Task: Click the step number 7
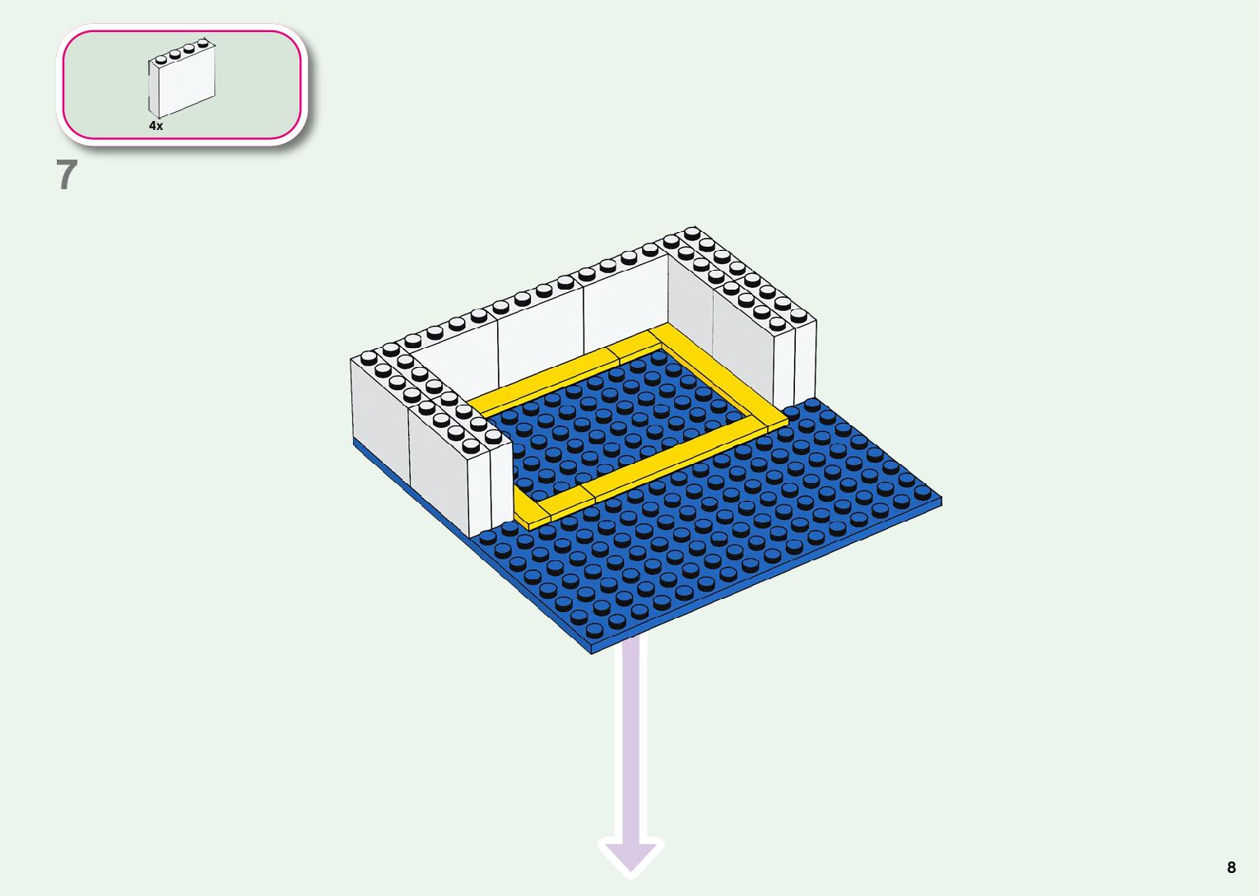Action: pos(67,175)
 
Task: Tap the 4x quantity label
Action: pos(156,126)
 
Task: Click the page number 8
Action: pos(1231,867)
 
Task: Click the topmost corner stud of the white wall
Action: pos(692,233)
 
